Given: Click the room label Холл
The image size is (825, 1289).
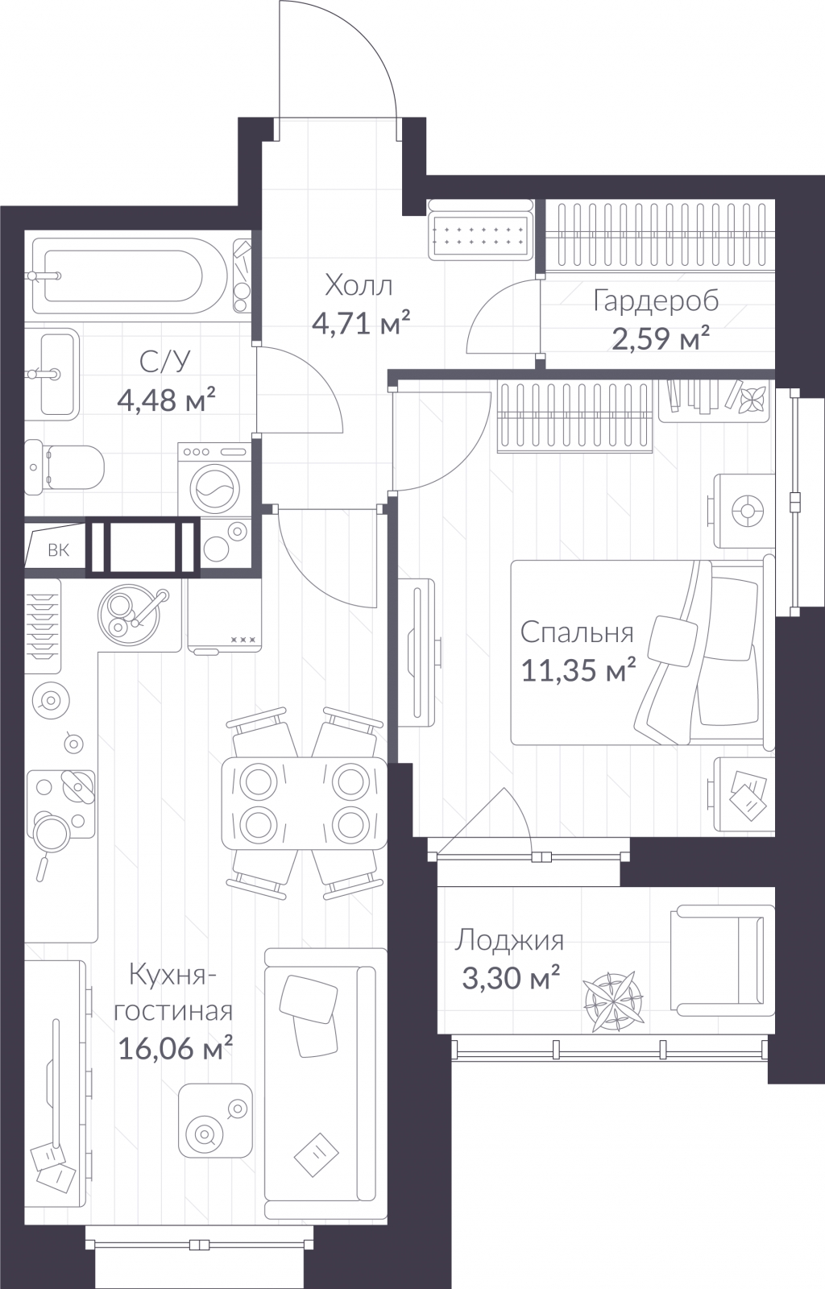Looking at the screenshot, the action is (x=359, y=285).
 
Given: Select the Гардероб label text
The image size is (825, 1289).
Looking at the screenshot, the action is (x=656, y=301).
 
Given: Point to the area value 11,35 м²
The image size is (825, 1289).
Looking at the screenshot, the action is (x=578, y=669).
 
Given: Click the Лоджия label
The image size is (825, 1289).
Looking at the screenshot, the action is (x=510, y=941).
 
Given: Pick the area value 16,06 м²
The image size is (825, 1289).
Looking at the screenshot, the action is (x=175, y=1047).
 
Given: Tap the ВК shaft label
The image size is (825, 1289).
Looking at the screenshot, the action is (x=58, y=550).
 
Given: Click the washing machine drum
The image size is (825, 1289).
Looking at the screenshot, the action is (x=215, y=488).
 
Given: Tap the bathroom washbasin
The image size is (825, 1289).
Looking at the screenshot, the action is (x=52, y=374).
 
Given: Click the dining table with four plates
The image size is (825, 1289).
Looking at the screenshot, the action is (x=305, y=802).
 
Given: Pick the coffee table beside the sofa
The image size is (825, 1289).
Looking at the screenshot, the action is (x=215, y=1121).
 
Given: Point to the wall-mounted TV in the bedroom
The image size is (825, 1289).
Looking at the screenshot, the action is (x=421, y=653).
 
